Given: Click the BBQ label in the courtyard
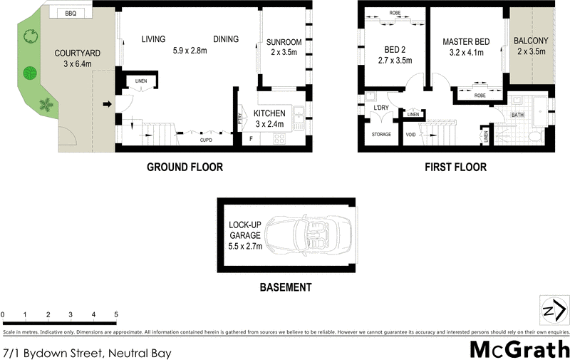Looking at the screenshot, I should click(x=70, y=14).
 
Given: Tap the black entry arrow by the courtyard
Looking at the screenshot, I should click(x=107, y=106).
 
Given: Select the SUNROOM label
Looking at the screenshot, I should click(x=285, y=42).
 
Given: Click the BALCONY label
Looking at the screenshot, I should click(x=530, y=41).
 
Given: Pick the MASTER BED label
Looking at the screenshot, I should click(x=466, y=42).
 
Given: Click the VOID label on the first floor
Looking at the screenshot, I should click(x=410, y=134).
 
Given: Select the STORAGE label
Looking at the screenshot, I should click(x=381, y=134).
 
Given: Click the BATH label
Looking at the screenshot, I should click(x=517, y=115).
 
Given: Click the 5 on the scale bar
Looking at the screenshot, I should click(x=115, y=314).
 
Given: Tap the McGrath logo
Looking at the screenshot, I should click(x=519, y=349).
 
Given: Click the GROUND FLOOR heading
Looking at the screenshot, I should click(x=185, y=168).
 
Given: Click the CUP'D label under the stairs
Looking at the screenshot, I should click(x=206, y=140).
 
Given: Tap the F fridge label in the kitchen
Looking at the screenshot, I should click(x=250, y=138).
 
